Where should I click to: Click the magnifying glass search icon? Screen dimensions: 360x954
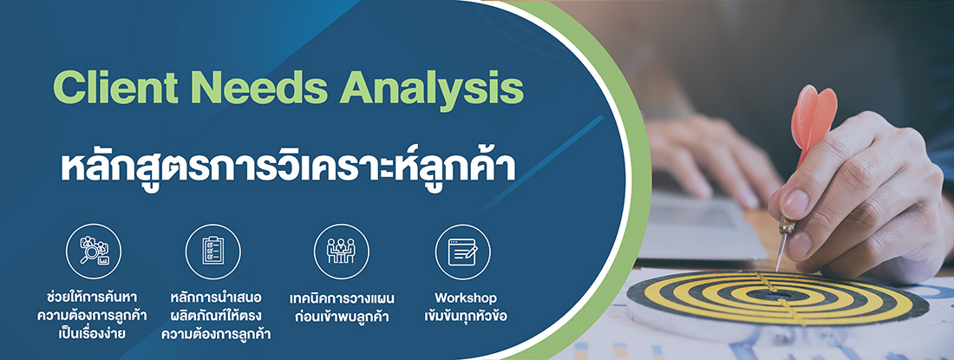pos(94,251)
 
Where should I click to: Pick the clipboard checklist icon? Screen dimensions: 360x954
pos(212,251)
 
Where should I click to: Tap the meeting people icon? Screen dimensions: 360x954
pos(341,251)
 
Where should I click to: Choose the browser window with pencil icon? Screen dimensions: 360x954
pos(462,251)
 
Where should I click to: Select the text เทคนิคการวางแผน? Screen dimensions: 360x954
pos(341,298)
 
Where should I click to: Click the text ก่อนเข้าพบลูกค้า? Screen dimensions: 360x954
pos(341,316)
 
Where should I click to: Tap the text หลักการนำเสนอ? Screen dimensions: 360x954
pos(212,298)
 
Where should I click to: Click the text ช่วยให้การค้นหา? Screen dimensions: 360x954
pos(94,298)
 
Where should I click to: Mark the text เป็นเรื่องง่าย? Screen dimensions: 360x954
pos(94,334)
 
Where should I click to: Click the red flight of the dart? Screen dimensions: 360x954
pos(814,117)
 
